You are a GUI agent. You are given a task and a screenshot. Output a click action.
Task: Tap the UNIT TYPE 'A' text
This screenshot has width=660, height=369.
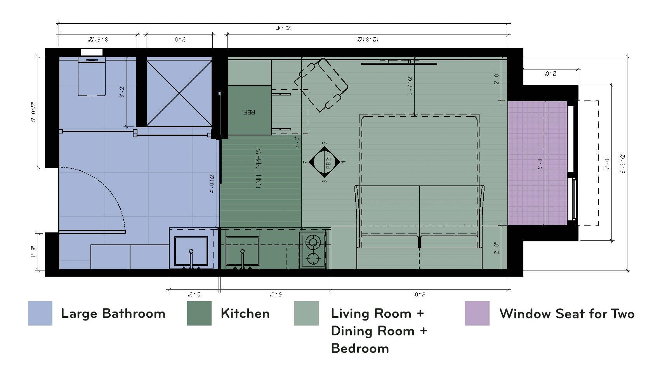[259, 168]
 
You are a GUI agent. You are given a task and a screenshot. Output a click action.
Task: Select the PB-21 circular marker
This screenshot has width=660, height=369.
[324, 162]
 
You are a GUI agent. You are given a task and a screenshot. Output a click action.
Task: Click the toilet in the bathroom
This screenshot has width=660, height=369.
[92, 77]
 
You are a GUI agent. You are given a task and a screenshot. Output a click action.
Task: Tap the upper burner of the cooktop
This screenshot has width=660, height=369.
[313, 242]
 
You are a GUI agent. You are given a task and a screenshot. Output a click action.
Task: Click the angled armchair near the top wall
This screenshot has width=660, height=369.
[321, 85]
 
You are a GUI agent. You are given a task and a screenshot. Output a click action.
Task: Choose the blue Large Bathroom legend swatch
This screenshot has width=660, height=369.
[40, 313]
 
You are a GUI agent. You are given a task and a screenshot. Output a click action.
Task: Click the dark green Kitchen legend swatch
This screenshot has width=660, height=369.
[199, 313]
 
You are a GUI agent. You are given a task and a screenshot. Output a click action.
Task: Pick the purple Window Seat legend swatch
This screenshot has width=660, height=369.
[477, 313]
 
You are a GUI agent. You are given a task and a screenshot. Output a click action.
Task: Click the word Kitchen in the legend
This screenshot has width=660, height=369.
[245, 314]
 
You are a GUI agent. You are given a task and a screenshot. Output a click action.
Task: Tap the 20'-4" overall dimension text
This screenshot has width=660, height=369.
[283, 28]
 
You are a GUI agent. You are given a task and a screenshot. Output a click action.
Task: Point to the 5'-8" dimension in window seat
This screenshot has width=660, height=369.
[540, 163]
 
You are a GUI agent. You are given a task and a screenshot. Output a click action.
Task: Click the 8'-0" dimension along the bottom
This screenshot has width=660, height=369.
[419, 295]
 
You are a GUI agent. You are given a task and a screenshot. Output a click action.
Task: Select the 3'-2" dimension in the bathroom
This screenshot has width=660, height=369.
[122, 92]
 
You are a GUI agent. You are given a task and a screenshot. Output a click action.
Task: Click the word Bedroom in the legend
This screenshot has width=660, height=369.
[360, 348]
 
